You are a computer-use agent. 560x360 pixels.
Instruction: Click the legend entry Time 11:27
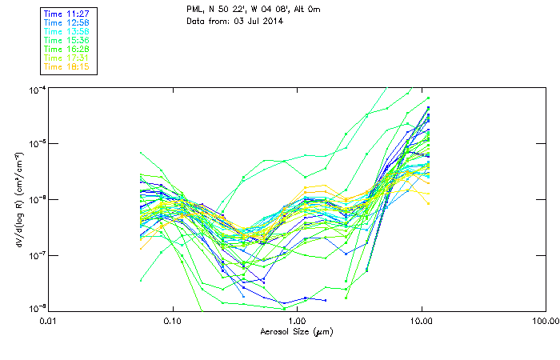tap(66, 14)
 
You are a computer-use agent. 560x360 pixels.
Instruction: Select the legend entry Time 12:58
tap(66, 22)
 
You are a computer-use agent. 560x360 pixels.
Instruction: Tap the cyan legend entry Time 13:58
tap(66, 31)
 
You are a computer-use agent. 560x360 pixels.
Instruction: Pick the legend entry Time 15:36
tap(66, 40)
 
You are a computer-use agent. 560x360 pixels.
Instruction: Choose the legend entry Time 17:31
tap(66, 58)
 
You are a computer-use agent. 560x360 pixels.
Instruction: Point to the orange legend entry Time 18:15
tap(66, 66)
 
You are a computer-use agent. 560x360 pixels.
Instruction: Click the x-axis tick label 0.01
tap(48, 321)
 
